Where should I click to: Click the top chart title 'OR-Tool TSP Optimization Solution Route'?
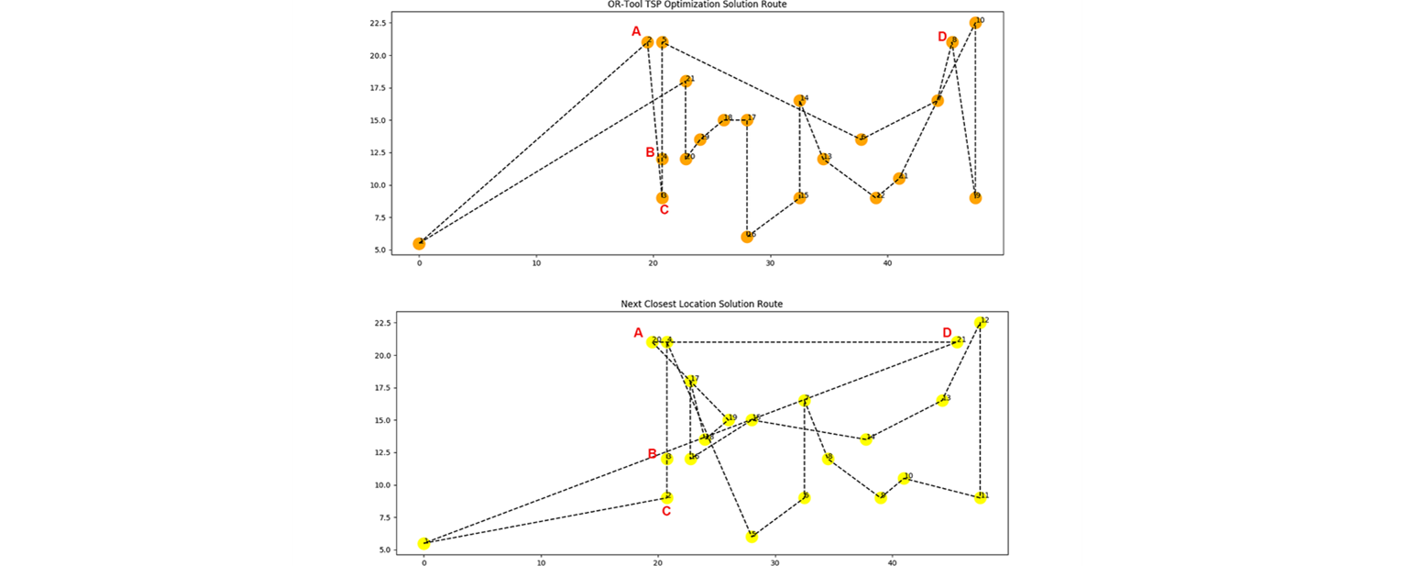[x=703, y=5]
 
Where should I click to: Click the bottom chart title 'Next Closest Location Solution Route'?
[x=703, y=304]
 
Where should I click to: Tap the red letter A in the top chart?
[x=636, y=32]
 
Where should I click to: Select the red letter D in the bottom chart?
[x=948, y=332]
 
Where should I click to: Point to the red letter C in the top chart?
[x=664, y=210]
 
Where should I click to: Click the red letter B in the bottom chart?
[x=653, y=454]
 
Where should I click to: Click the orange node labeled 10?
[x=975, y=23]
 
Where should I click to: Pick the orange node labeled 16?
[x=747, y=237]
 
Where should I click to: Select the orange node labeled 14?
[x=799, y=101]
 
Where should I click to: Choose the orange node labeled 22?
[x=876, y=197]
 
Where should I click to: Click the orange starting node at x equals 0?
[x=419, y=243]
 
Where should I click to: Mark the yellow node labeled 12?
[x=980, y=323]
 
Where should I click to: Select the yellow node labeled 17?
[x=690, y=381]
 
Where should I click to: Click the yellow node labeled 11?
[x=980, y=497]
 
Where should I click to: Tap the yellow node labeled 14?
[x=866, y=439]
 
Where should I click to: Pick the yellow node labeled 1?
[x=424, y=543]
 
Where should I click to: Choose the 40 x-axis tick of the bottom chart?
[x=892, y=562]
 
